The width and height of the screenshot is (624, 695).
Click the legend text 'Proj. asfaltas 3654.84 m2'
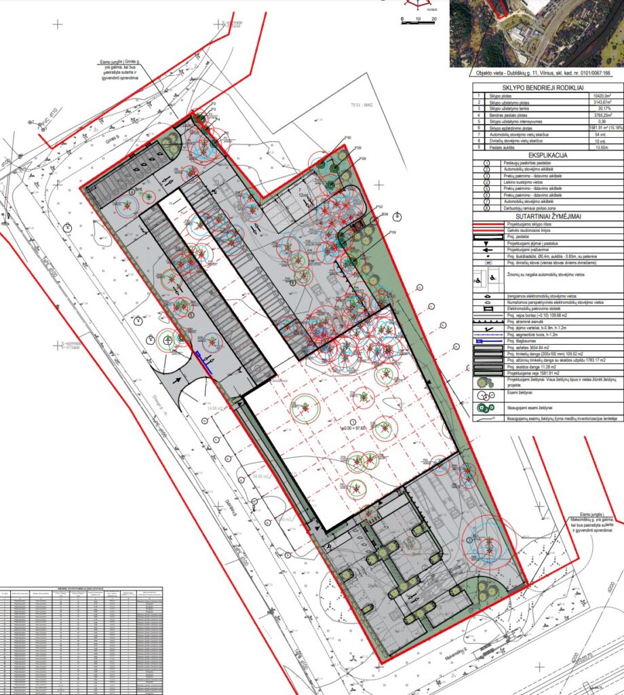[532, 347]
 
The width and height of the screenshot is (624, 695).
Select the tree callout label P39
[393, 232]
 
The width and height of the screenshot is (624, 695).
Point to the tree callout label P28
[363, 158]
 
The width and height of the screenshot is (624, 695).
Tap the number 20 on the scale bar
[433, 19]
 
